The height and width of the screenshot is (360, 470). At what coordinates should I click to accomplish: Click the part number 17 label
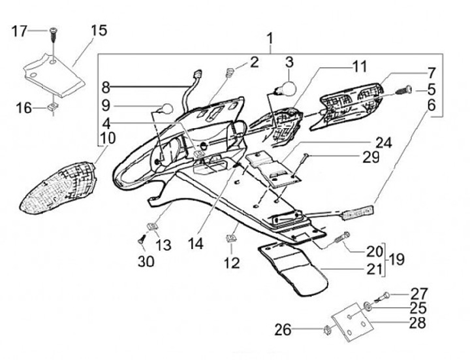click(20, 30)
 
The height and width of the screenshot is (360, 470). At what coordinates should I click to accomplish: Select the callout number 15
click(99, 30)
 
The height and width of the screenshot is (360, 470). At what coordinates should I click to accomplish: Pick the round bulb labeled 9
click(166, 109)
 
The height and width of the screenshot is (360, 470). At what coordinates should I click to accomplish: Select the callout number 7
click(432, 73)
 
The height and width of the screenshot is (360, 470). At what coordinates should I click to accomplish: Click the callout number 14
click(196, 243)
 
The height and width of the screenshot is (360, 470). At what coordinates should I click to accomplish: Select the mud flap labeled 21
click(294, 267)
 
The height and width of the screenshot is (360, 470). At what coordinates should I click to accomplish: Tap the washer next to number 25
click(369, 306)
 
